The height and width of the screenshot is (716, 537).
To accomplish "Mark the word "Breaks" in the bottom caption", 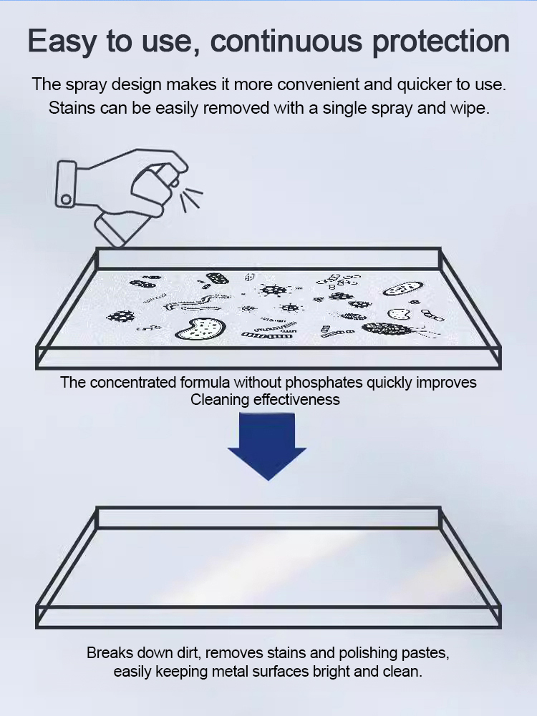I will [110, 653].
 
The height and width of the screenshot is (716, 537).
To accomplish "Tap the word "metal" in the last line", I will [231, 672].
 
